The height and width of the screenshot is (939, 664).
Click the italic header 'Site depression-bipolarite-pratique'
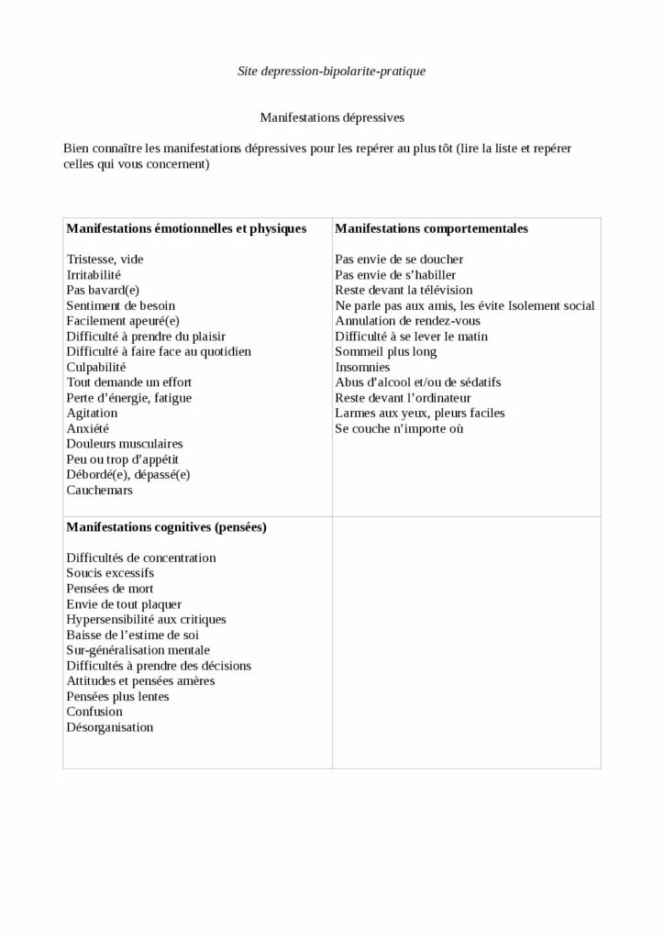click(x=332, y=71)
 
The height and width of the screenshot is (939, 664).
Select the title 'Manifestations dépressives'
click(x=332, y=117)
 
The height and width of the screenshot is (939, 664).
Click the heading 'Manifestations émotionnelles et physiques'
click(x=186, y=228)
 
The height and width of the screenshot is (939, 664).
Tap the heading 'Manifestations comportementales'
click(x=431, y=228)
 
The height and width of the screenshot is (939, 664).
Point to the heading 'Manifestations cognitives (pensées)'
click(x=167, y=527)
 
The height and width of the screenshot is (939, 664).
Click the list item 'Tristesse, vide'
click(x=105, y=260)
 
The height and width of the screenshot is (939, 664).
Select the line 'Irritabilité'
click(x=94, y=274)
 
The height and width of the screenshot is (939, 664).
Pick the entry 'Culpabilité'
click(x=95, y=367)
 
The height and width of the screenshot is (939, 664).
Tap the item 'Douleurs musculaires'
click(x=125, y=444)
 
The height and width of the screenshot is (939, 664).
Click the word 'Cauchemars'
click(x=99, y=490)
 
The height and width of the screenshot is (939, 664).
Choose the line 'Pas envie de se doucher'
click(x=399, y=260)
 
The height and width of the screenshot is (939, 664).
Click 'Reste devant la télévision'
click(x=404, y=290)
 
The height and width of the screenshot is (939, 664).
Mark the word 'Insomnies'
click(x=363, y=367)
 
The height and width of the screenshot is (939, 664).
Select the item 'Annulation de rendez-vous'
click(x=407, y=321)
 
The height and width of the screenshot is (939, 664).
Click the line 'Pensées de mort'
click(x=110, y=589)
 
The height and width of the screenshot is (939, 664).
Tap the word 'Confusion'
click(x=94, y=712)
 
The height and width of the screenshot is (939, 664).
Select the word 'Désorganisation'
click(x=110, y=727)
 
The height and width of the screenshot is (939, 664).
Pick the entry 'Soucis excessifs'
click(x=111, y=573)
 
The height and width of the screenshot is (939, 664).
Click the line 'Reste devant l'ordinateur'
click(x=404, y=398)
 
